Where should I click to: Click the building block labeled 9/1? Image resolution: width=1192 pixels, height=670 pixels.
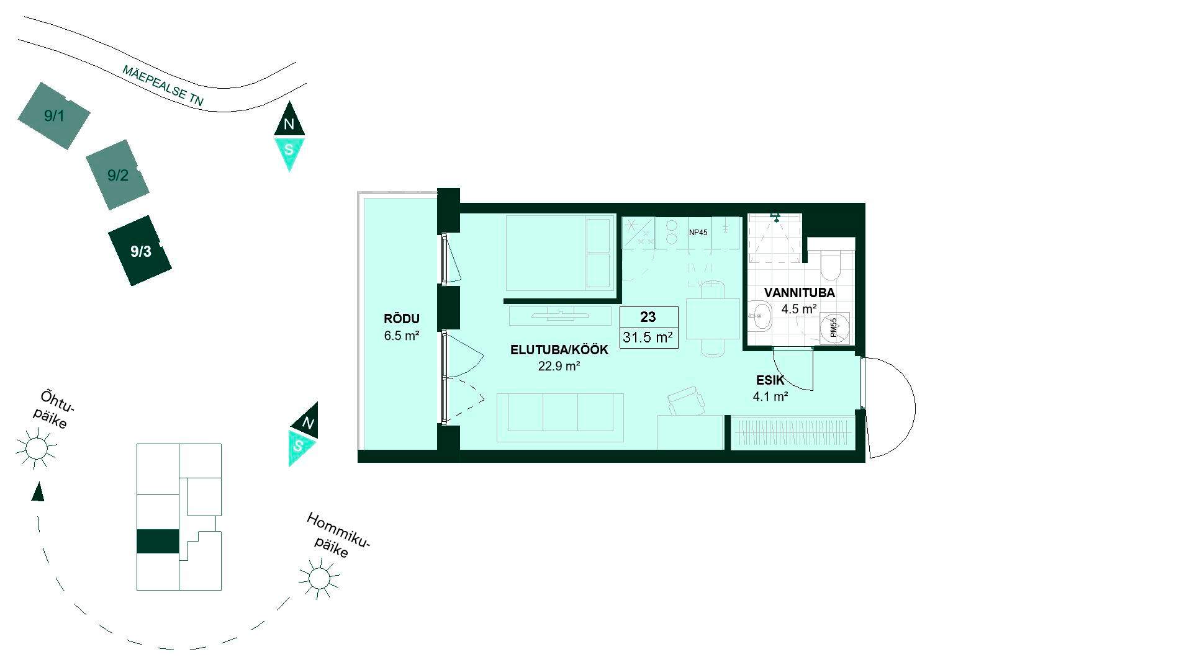point(54,116)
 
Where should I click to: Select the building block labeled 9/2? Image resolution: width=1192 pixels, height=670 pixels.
point(118,175)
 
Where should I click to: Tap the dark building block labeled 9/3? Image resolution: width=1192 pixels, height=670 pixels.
point(140,251)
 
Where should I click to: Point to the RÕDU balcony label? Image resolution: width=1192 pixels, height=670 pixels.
point(402,319)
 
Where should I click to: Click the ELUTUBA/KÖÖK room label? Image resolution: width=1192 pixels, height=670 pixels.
point(559,350)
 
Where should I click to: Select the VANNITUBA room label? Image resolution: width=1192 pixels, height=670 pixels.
point(800,293)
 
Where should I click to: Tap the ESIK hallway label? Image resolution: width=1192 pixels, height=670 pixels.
point(770,380)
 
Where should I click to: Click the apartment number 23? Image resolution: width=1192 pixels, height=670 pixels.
point(648,317)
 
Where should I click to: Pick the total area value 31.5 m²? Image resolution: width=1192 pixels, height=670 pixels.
point(649,338)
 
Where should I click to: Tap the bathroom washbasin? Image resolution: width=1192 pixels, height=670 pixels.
point(759,317)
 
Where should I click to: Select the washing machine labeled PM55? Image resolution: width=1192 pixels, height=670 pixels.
point(834,328)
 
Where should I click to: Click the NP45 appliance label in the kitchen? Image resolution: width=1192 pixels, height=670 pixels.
point(698,233)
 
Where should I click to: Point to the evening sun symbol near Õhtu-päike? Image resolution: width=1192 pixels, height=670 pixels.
point(36,448)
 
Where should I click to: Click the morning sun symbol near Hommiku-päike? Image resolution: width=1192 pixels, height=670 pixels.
point(320,578)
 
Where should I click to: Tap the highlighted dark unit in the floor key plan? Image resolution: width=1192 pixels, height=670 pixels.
point(158,542)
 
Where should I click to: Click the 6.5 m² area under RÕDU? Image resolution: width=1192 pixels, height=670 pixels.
point(402,336)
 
